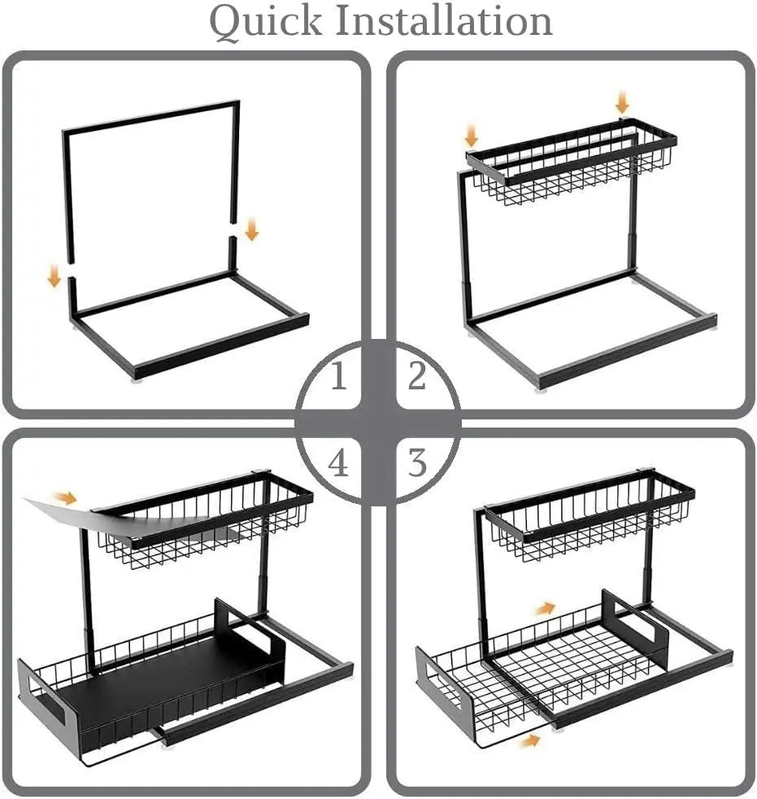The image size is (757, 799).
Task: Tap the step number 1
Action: coord(338,376)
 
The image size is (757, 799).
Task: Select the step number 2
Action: coord(416,376)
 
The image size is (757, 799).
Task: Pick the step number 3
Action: coord(416,463)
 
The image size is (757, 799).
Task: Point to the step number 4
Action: coord(338,463)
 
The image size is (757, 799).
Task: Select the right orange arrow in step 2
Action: coord(622,102)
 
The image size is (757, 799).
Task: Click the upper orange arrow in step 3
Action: coord(546,608)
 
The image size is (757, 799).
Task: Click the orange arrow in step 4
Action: coord(65,497)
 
